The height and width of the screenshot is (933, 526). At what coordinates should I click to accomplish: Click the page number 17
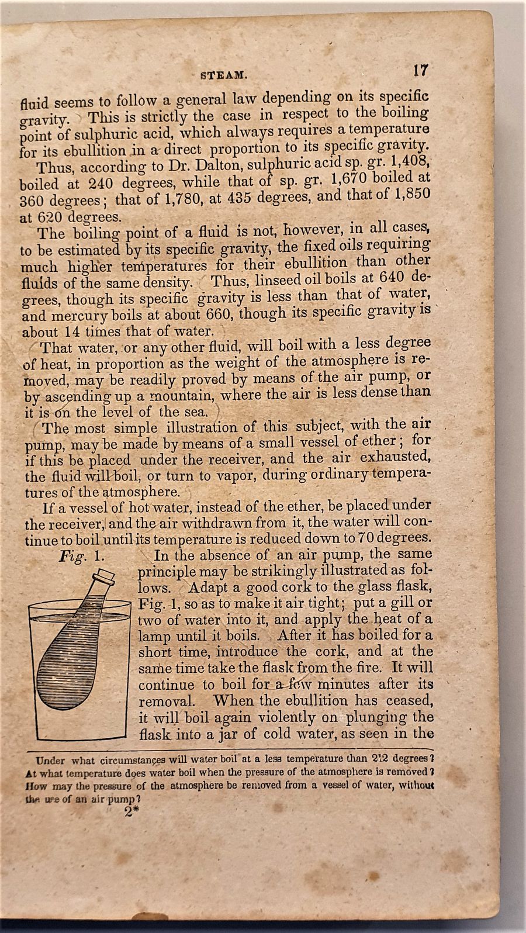coord(420,71)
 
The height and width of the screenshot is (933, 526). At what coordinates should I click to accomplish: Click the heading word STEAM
coord(224,75)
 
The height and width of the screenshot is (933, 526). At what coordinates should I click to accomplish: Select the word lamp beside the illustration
coord(154,635)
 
